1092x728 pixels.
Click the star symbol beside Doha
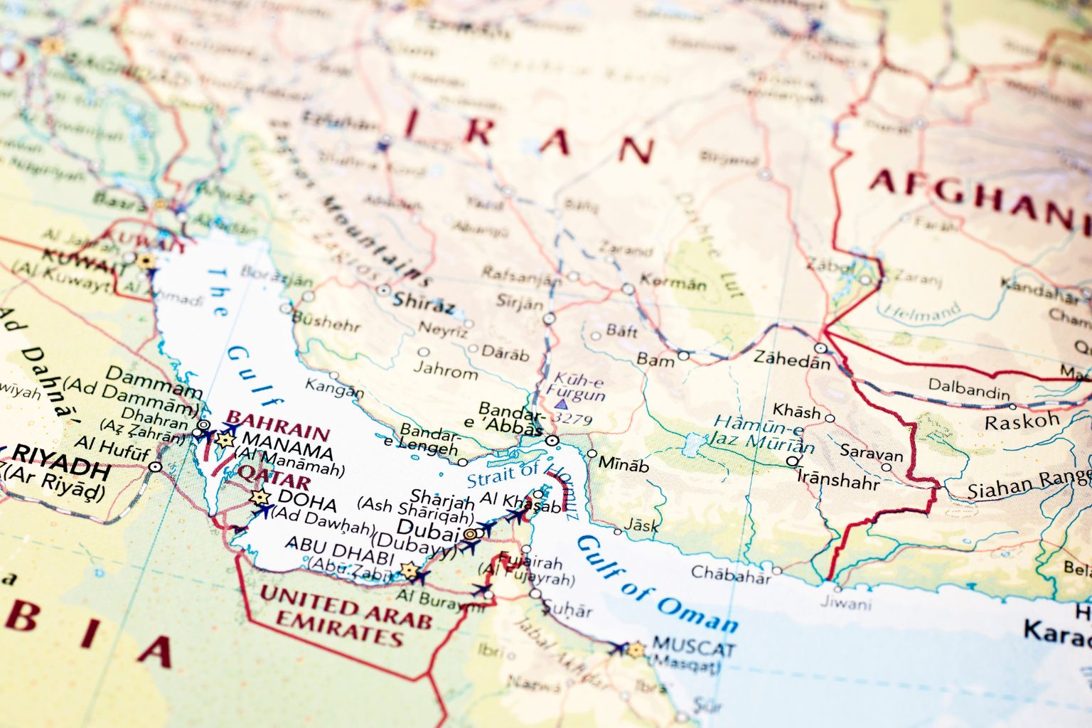[x=259, y=497]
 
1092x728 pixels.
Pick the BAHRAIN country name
[x=277, y=425]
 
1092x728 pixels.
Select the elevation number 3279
[x=572, y=419]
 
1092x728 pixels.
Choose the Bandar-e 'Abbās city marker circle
[x=552, y=441]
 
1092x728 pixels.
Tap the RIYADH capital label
[x=62, y=470]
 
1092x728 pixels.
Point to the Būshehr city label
[x=326, y=321]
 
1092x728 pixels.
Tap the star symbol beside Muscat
[x=636, y=649]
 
